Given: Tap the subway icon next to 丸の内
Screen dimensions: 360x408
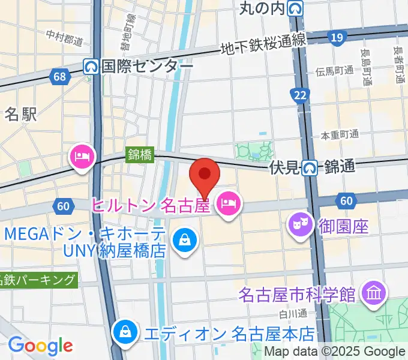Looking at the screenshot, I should point(295,8).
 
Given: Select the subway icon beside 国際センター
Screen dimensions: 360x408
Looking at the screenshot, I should point(91,65).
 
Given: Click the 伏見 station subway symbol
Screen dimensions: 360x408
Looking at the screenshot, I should point(310,167).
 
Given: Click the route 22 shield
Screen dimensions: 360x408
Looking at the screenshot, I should point(298,94).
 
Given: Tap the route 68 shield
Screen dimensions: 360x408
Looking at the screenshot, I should point(59,76).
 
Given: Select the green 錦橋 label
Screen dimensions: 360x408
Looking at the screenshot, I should point(139,155).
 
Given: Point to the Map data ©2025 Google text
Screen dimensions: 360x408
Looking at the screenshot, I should point(335,352).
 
